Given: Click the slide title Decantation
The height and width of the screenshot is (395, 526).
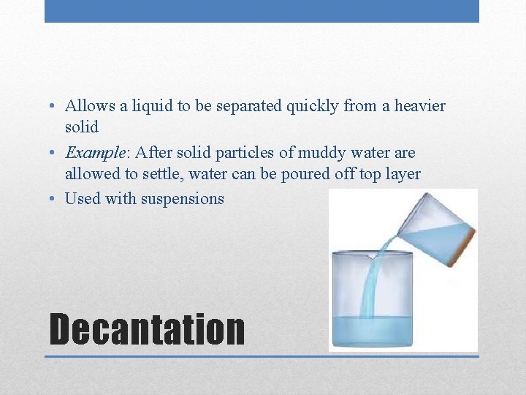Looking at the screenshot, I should tap(146, 329).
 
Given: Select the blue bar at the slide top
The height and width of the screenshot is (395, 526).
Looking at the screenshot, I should tap(262, 11).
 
